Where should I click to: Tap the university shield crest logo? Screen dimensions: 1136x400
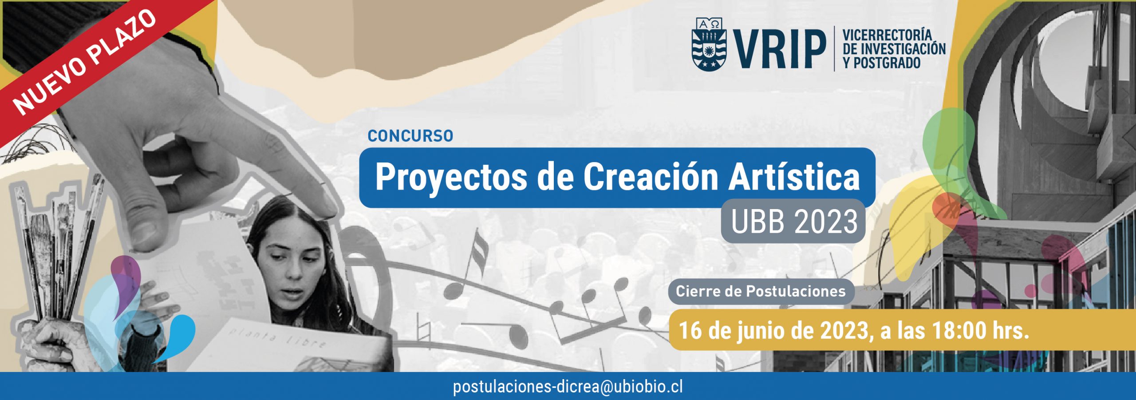pos(710,44)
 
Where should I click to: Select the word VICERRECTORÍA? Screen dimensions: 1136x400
pos(887,35)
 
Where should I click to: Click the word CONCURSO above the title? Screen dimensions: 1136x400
pos(410,136)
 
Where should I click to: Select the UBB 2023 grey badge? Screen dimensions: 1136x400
pos(793,222)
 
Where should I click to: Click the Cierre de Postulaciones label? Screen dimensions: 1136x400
pos(761,291)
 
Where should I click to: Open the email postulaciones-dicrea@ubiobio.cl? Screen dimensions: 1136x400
pos(568,386)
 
